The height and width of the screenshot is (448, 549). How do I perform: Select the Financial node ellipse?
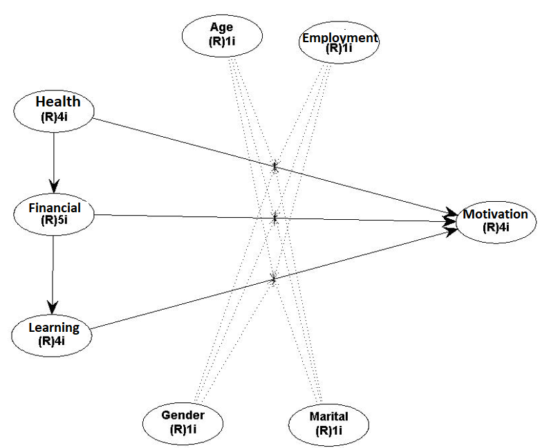click(54, 214)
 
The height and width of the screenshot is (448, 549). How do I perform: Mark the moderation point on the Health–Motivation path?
click(275, 167)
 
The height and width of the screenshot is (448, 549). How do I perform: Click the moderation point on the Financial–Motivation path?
click(275, 218)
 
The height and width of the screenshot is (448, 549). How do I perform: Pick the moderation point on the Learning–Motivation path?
click(274, 279)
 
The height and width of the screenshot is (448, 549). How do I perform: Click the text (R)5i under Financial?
click(55, 221)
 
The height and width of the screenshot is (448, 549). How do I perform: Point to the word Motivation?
click(495, 214)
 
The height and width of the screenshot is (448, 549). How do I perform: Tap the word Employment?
click(339, 38)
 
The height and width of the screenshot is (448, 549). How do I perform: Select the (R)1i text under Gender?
click(183, 429)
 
